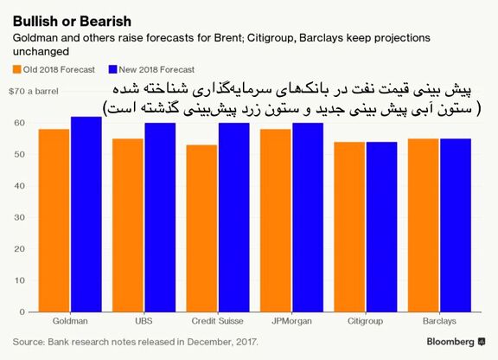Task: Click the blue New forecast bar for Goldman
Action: pyautogui.click(x=86, y=215)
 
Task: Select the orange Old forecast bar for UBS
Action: pyautogui.click(x=128, y=225)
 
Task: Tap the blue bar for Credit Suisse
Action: pyautogui.click(x=234, y=217)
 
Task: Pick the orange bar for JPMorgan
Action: pyautogui.click(x=276, y=221)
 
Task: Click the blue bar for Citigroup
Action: pyautogui.click(x=382, y=227)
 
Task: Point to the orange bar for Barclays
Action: pyautogui.click(x=424, y=225)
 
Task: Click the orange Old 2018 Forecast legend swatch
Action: pyautogui.click(x=16, y=69)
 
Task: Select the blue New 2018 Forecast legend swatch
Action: pyautogui.click(x=112, y=69)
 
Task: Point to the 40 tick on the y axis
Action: pyautogui.click(x=20, y=186)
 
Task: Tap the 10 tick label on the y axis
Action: pyautogui.click(x=20, y=280)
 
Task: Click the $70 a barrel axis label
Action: pyautogui.click(x=34, y=91)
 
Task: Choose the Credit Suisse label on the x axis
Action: pyautogui.click(x=218, y=321)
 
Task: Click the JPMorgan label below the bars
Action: pyautogui.click(x=291, y=321)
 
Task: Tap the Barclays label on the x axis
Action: pyautogui.click(x=439, y=321)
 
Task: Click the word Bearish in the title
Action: pyautogui.click(x=105, y=22)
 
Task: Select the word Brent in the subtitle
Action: pyautogui.click(x=228, y=37)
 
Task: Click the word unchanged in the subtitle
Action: pyautogui.click(x=41, y=51)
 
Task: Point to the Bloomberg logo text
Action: pyautogui.click(x=450, y=342)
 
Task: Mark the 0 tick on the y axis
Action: pyautogui.click(x=22, y=312)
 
